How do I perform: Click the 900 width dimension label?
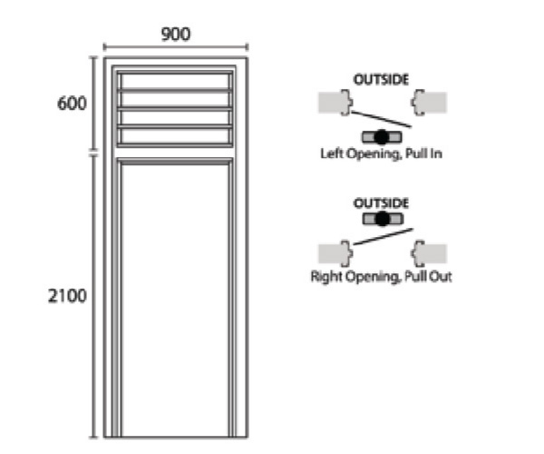176,35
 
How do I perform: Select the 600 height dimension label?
73,104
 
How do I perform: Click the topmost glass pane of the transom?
176,81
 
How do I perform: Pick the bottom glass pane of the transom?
176,136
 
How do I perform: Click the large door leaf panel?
176,300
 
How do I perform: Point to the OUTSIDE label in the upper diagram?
381,80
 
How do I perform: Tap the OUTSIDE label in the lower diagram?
381,202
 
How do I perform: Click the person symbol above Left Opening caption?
382,137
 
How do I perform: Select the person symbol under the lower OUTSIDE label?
382,219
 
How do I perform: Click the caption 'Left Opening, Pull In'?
381,154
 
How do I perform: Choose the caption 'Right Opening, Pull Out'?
381,276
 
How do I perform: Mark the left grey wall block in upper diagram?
332,103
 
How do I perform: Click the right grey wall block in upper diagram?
431,102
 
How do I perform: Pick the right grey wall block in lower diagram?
431,252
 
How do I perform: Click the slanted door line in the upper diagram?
381,118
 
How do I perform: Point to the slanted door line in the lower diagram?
381,236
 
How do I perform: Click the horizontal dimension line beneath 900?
176,47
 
